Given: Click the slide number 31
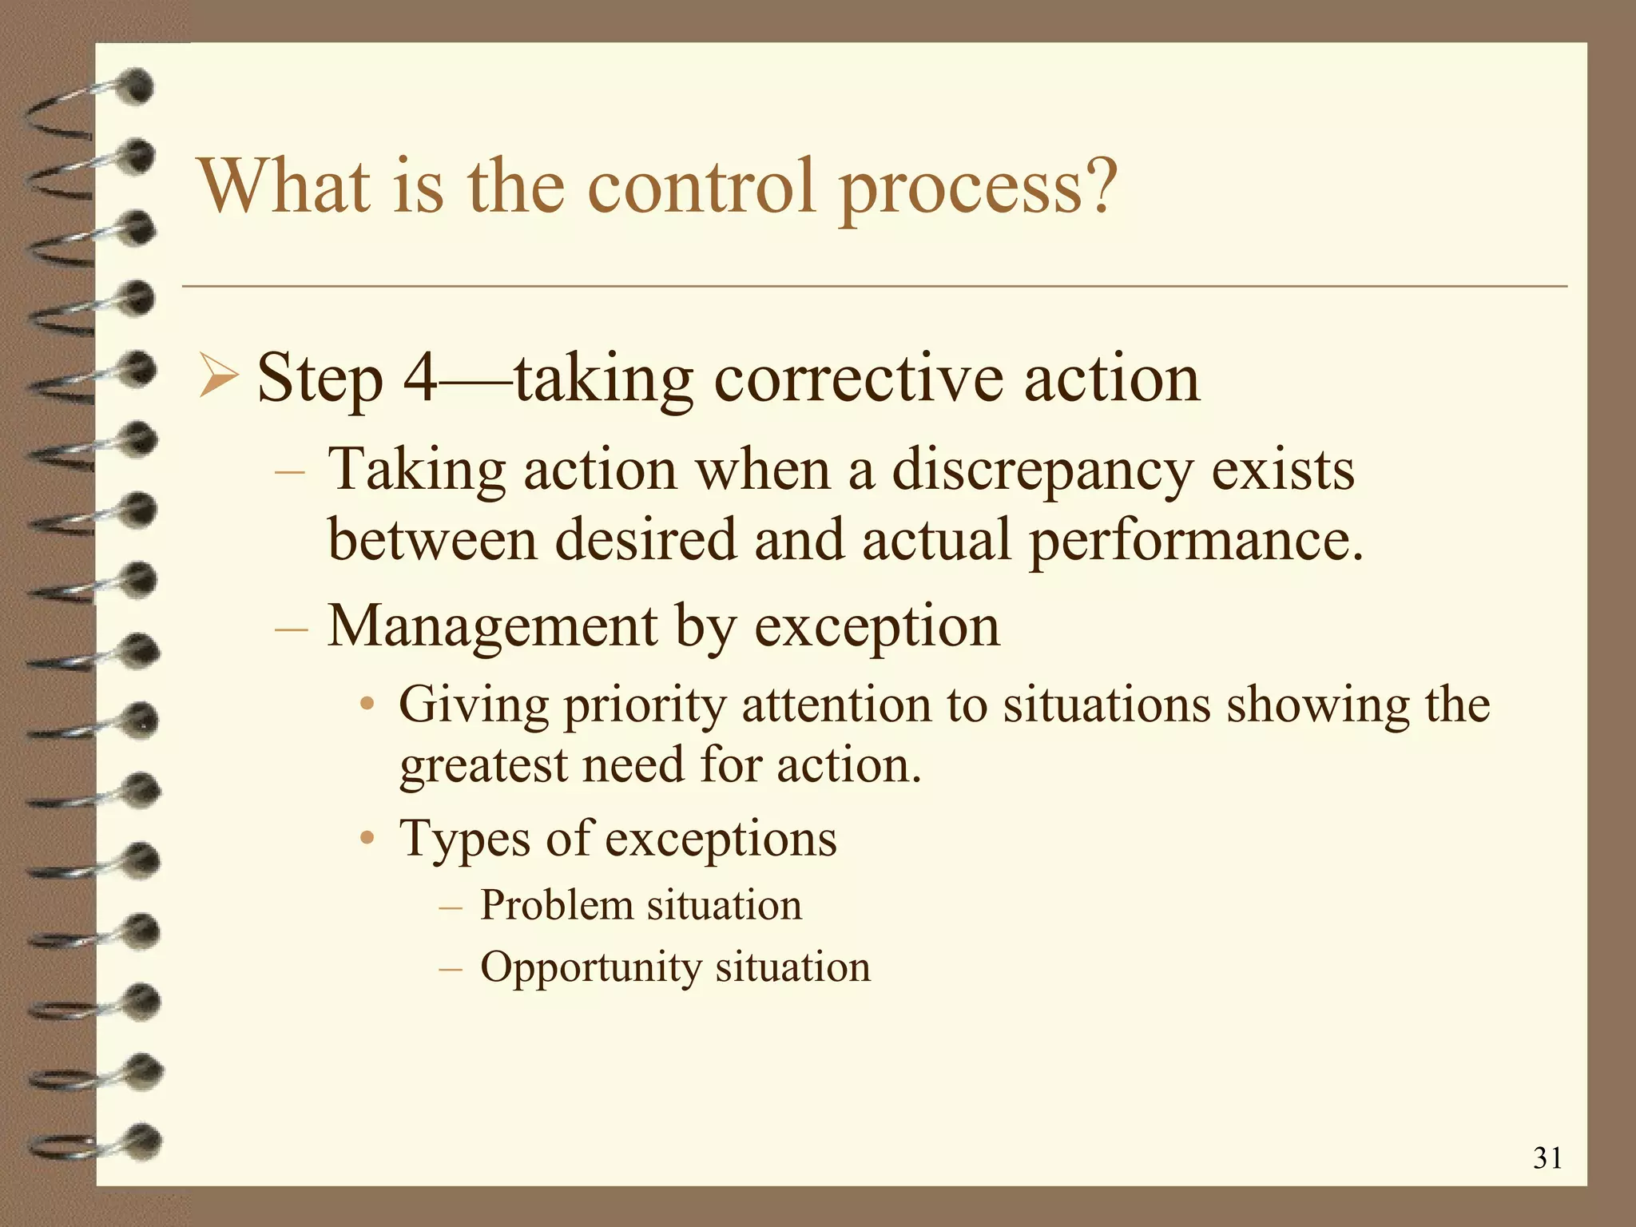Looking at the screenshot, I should coord(1547,1158).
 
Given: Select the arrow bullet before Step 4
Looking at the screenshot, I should coord(218,378).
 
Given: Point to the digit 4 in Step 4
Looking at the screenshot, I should coord(420,378).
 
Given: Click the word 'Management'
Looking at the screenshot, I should coord(493,626).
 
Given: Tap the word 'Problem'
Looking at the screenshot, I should coord(556,906).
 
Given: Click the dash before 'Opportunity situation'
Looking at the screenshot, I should coord(451,969).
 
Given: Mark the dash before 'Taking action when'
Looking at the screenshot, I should coord(289,471).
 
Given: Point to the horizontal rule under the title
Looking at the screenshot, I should coord(874,285).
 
